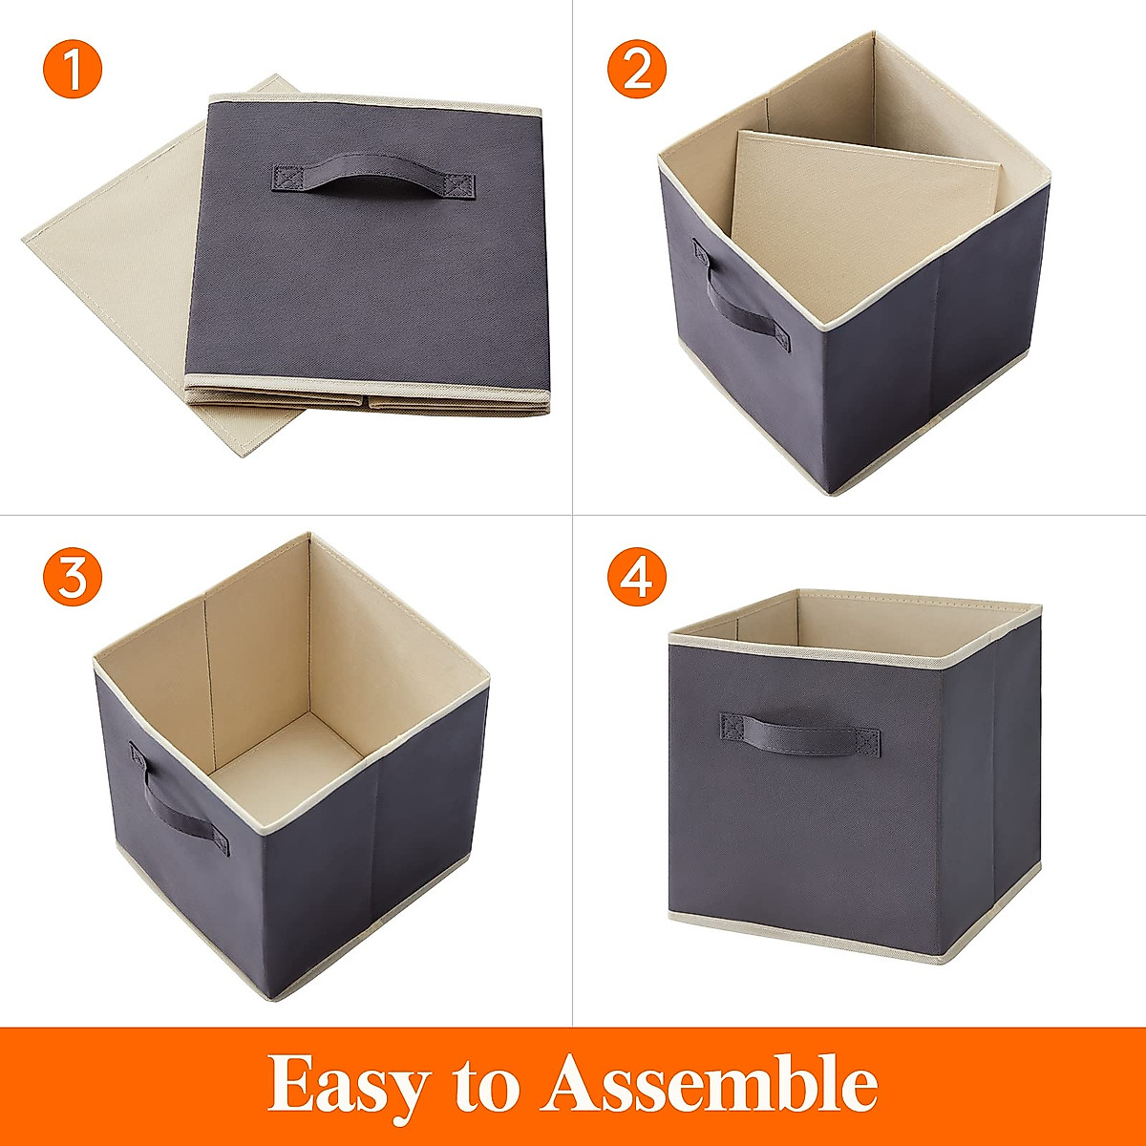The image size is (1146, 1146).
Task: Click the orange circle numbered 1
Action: coord(72,69)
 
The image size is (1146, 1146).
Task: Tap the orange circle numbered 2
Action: coord(637,69)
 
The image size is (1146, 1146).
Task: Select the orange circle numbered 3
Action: coord(72,577)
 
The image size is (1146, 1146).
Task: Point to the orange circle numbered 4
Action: coord(637,577)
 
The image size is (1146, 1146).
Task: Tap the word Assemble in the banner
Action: coord(711,1084)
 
